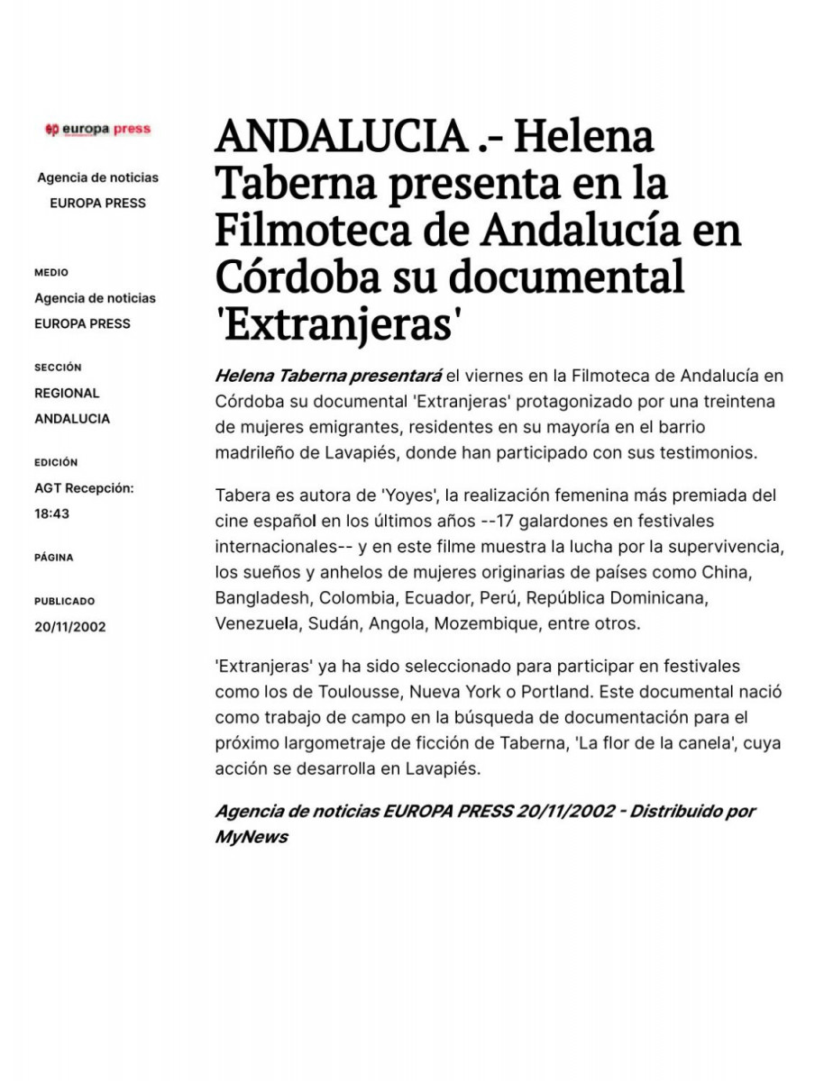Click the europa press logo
click(97, 130)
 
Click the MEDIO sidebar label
click(51, 273)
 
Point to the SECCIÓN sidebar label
click(58, 368)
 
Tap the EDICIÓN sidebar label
click(56, 462)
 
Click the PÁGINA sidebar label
click(54, 558)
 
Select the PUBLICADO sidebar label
click(64, 601)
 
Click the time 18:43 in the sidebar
click(52, 513)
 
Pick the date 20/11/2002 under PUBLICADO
click(70, 627)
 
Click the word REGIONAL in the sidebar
click(67, 393)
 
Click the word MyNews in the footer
click(252, 837)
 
